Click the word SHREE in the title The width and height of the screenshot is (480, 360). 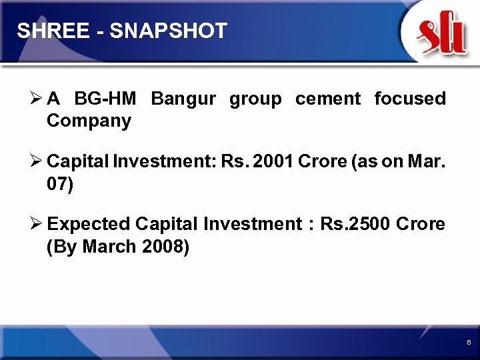(x=45, y=30)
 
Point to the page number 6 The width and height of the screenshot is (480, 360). (x=469, y=342)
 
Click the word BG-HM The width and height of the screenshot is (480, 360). (x=105, y=99)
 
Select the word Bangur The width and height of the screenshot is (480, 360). (x=183, y=99)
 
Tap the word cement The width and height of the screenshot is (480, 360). (x=327, y=99)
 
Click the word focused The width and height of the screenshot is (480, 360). (x=410, y=99)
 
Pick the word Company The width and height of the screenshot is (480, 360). (x=89, y=121)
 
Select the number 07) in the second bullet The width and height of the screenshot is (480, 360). (x=61, y=184)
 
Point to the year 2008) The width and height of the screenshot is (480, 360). (x=166, y=247)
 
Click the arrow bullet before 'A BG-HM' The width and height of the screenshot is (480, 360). (x=37, y=99)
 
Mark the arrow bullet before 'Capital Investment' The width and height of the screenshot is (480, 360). (x=37, y=162)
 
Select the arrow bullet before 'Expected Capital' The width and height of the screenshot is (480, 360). (x=37, y=224)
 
